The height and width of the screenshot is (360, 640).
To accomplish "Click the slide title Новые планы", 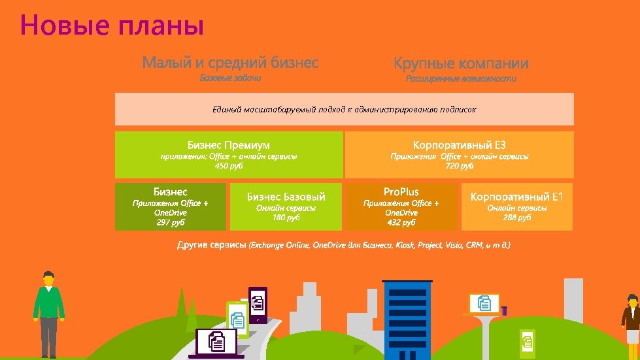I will [x=112, y=25].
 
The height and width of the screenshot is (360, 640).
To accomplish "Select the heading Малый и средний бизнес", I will [x=230, y=63].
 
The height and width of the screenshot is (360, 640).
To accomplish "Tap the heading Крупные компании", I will [x=461, y=63].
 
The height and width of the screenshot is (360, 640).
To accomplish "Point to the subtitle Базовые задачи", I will [x=230, y=78].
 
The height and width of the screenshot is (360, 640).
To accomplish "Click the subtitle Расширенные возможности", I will [x=461, y=78].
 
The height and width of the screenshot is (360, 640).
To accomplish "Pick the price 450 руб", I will [x=229, y=166].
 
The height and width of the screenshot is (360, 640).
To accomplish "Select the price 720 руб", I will [x=459, y=166].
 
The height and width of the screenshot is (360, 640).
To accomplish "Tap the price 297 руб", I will [x=171, y=222].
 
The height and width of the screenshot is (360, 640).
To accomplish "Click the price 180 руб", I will [x=286, y=217].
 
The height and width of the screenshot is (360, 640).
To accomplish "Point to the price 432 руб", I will [x=401, y=222].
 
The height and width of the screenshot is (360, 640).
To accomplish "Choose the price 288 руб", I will [x=516, y=217].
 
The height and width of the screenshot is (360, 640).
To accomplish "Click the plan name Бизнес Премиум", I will [x=229, y=144].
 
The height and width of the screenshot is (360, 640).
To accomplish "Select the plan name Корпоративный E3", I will [x=459, y=144].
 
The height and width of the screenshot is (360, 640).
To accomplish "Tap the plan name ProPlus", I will [x=401, y=191].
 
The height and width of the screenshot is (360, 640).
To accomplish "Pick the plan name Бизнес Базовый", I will [x=286, y=196].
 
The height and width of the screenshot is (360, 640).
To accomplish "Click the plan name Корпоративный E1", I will [x=516, y=196].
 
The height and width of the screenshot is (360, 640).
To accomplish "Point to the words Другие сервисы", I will [x=211, y=245].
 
